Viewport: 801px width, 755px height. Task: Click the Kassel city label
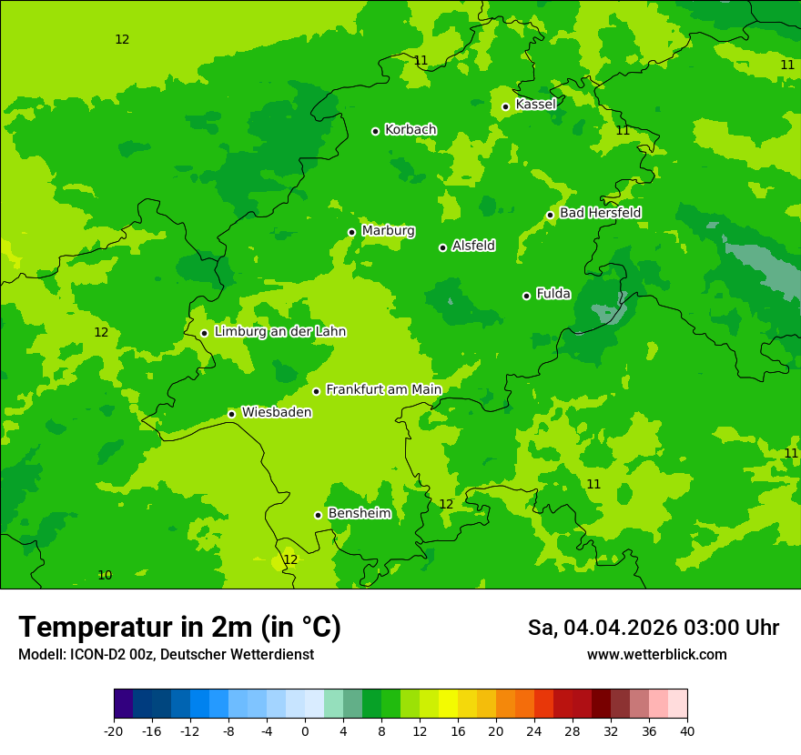point(535,105)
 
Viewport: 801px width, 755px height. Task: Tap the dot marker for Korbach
point(375,131)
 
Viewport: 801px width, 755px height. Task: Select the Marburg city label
point(388,231)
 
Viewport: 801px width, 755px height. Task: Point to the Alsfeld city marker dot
point(442,247)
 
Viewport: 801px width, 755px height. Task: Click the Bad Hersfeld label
point(600,213)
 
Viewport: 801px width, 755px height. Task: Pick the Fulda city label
point(553,294)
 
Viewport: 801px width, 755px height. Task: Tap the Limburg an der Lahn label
point(279,332)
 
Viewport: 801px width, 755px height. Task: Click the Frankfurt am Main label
point(383,390)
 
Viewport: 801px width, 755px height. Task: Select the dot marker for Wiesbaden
point(231,414)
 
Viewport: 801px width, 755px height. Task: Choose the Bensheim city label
point(359,514)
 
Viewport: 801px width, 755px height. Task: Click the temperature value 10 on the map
point(105,575)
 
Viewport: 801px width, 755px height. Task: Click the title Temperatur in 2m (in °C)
point(179,628)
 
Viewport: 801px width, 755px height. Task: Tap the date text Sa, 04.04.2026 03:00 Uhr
point(653,628)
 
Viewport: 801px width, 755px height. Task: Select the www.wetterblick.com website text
point(656,655)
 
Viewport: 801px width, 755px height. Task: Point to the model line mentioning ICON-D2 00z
point(166,655)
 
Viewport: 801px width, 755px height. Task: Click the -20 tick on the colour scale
point(114,731)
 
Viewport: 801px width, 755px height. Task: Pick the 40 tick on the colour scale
point(687,731)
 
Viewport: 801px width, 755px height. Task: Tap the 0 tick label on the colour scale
point(305,731)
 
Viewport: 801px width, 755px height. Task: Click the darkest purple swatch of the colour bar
point(123,704)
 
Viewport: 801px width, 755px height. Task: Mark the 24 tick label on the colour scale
point(534,731)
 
